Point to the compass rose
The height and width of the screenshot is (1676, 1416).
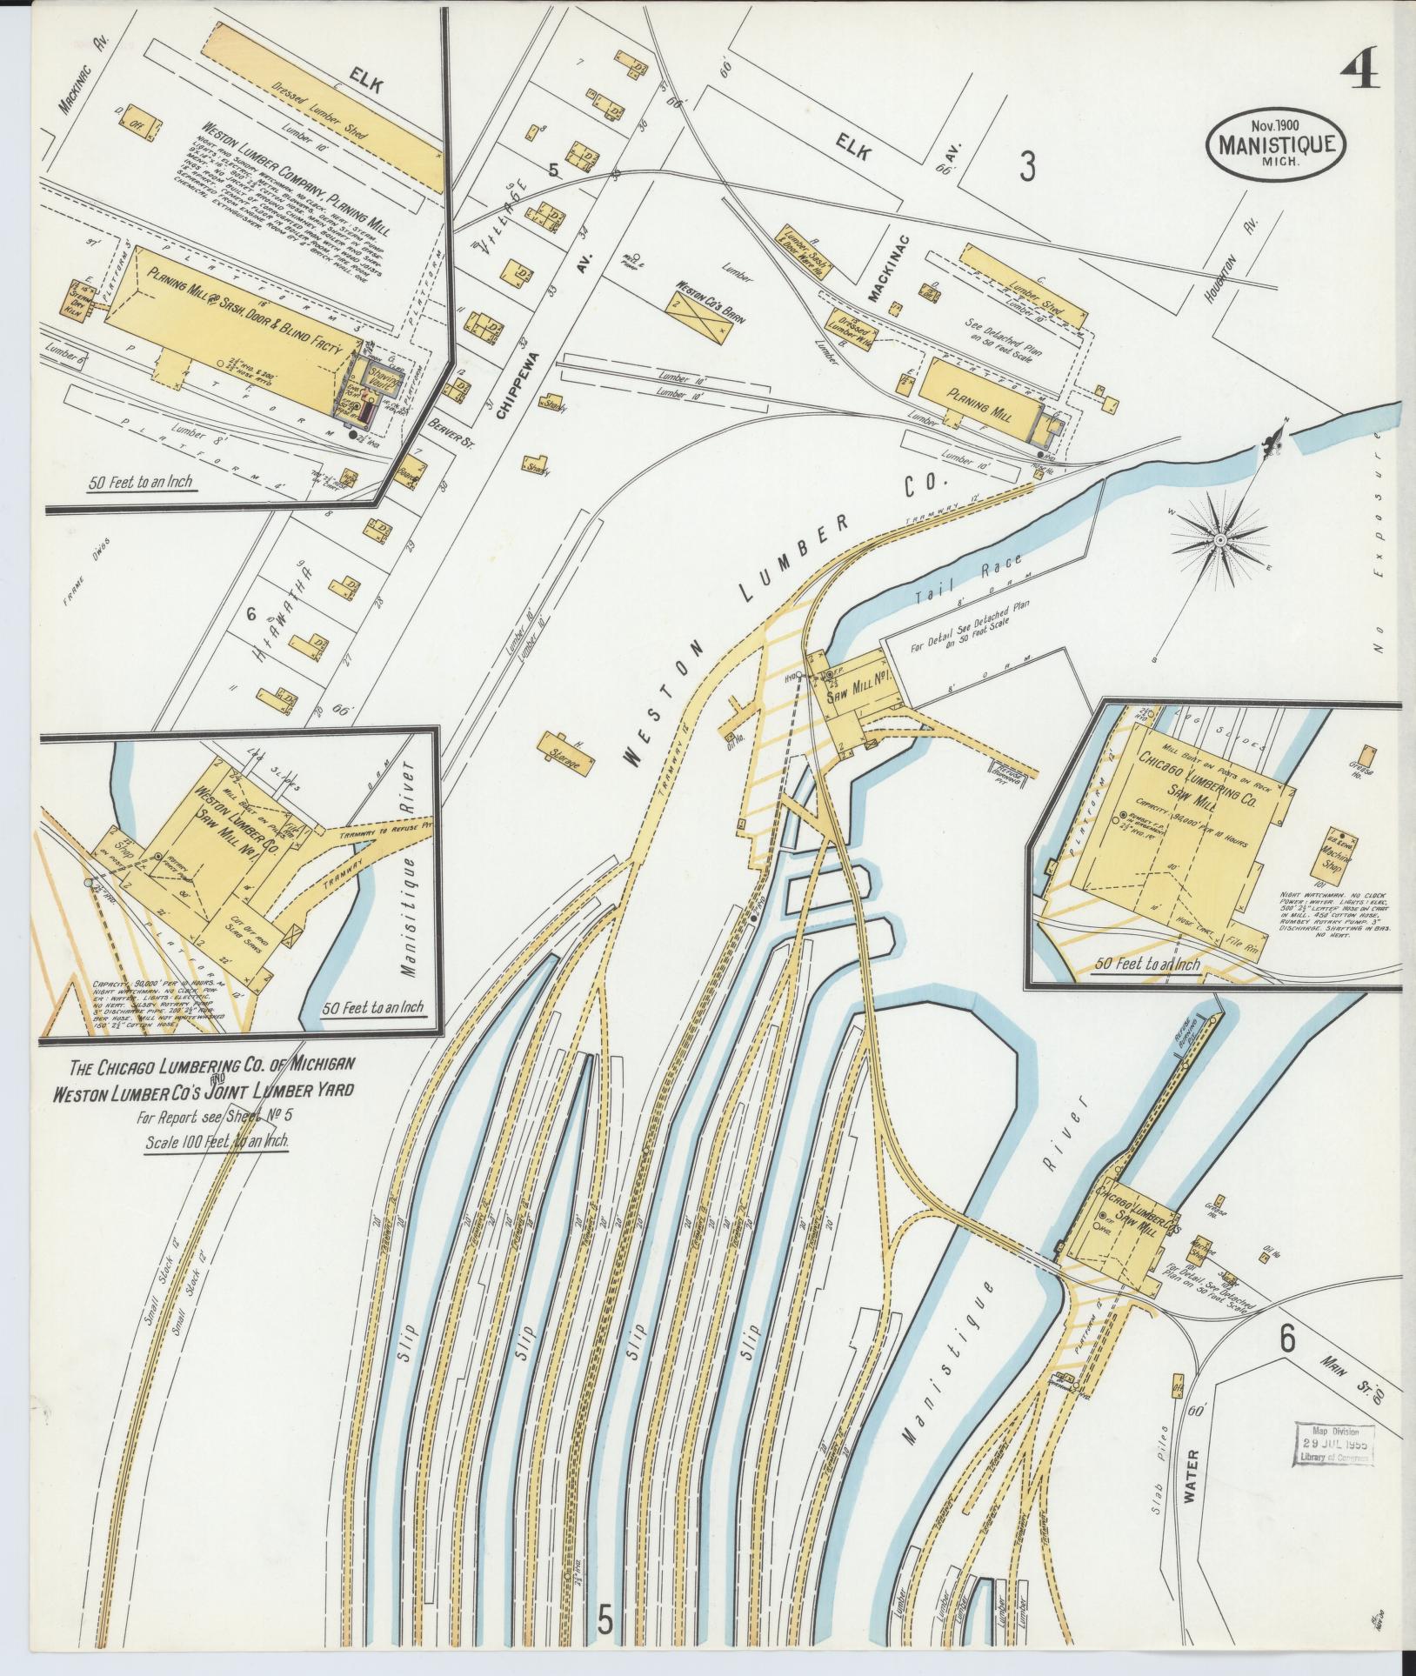(1219, 541)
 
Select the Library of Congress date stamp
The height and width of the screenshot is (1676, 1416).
(1333, 1446)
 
